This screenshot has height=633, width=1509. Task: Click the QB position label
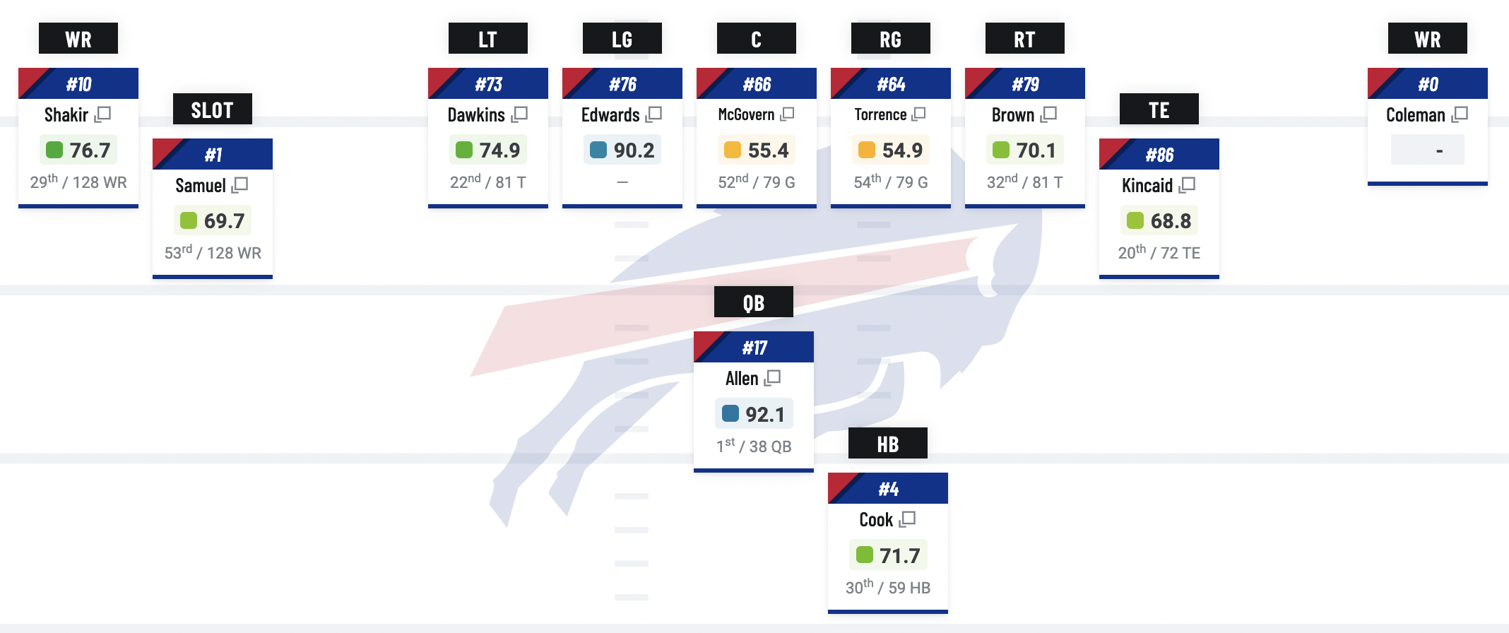coord(753,302)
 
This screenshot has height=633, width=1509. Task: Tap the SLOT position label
coord(212,110)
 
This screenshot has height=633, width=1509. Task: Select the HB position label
coord(887,444)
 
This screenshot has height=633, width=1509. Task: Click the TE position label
coord(1159,110)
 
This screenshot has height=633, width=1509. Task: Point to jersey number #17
coord(754,348)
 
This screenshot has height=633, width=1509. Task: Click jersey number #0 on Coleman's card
coord(1428,84)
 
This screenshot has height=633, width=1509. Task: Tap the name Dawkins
coord(476,114)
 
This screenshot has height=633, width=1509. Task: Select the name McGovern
coord(746,114)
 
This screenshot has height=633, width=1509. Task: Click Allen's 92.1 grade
coord(764,414)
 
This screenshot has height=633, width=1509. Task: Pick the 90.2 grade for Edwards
coord(634,150)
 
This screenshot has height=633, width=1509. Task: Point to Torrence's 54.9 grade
coord(902,150)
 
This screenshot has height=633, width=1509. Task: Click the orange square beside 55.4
coord(733,150)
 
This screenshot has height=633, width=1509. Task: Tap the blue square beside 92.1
coord(730,413)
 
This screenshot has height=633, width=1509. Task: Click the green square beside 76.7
coord(54,150)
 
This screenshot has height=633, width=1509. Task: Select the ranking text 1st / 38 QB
coord(754,446)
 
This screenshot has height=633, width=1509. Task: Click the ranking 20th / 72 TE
coord(1159,252)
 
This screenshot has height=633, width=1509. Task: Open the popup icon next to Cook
coord(908,519)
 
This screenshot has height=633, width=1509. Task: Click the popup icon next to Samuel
coord(240,185)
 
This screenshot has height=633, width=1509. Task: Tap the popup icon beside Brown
coord(1049,114)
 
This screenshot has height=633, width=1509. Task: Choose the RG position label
coord(890,39)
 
